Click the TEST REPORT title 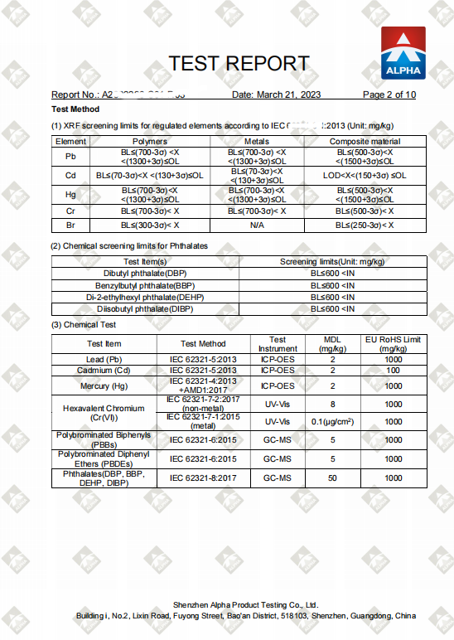[x=239, y=64]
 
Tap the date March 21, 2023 [x=276, y=95]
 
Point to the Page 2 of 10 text [x=389, y=95]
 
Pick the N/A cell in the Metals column [x=256, y=225]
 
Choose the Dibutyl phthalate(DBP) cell [x=145, y=273]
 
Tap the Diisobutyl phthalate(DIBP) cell [x=145, y=308]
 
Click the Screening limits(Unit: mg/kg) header [x=332, y=261]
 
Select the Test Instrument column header [x=278, y=344]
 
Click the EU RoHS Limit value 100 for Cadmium [x=394, y=371]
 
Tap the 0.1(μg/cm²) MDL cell [x=332, y=420]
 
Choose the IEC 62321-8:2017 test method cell [x=203, y=478]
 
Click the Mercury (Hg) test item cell [x=104, y=385]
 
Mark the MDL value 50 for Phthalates [x=332, y=478]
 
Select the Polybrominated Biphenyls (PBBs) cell [x=104, y=439]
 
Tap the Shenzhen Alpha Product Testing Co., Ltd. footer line [x=245, y=605]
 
